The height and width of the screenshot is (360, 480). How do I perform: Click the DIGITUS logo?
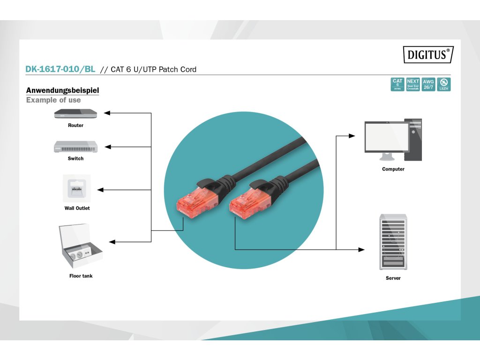pyautogui.click(x=428, y=54)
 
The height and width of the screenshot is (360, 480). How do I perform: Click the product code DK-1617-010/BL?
pyautogui.click(x=60, y=69)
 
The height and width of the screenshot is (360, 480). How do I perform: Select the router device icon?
pyautogui.click(x=75, y=113)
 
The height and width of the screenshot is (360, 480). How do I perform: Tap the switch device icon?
pyautogui.click(x=75, y=147)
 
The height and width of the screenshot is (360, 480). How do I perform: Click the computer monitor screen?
pyautogui.click(x=387, y=136)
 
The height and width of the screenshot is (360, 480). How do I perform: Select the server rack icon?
pyautogui.click(x=393, y=242)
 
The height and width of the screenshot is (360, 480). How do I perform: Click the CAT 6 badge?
pyautogui.click(x=397, y=84)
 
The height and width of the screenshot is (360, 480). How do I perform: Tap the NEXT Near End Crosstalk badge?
pyautogui.click(x=413, y=84)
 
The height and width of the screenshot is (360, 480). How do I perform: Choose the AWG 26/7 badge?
pyautogui.click(x=428, y=84)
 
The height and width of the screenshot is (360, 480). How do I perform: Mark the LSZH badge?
pyautogui.click(x=443, y=84)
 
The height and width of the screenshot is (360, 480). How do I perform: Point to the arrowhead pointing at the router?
pyautogui.click(x=106, y=113)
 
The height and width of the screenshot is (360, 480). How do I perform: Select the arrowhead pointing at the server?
pyautogui.click(x=361, y=249)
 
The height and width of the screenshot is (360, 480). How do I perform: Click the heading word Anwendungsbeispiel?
pyautogui.click(x=62, y=90)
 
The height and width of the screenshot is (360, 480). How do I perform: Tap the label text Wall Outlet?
pyautogui.click(x=77, y=208)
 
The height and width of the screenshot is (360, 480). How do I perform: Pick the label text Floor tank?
pyautogui.click(x=81, y=276)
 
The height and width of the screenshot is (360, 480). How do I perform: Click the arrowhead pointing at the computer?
pyautogui.click(x=352, y=136)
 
